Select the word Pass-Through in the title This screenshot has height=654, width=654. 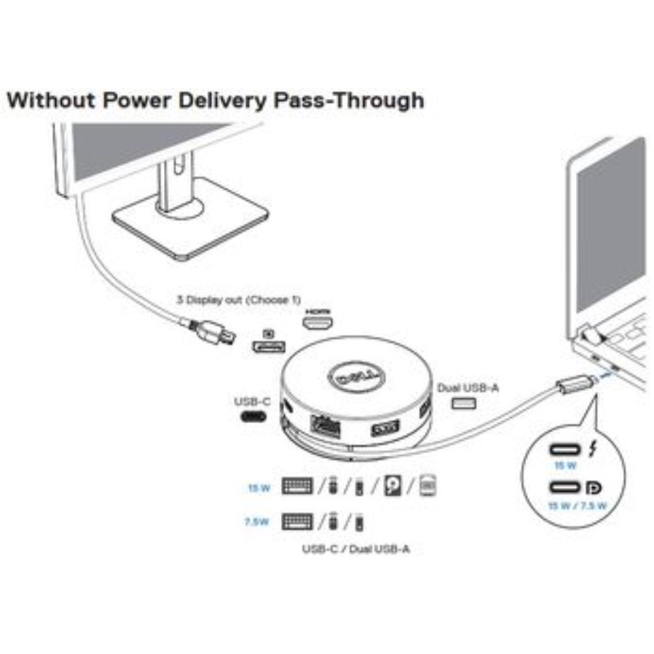tap(347, 100)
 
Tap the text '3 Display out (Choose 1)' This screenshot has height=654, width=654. tap(238, 299)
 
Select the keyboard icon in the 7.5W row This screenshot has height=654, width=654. tap(297, 521)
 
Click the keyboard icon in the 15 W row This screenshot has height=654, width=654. tap(297, 486)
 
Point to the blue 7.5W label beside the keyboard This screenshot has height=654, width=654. tap(259, 522)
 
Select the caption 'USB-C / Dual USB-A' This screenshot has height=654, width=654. tap(355, 548)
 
